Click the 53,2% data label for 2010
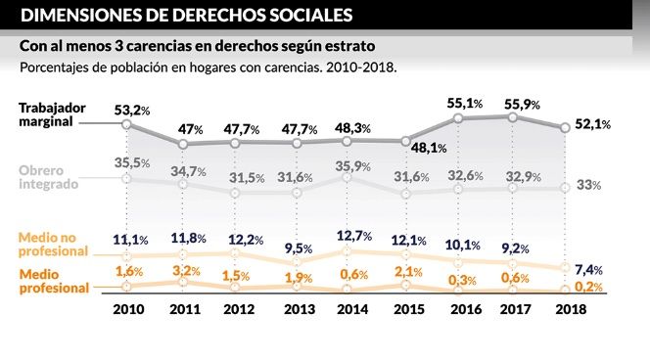click(132, 111)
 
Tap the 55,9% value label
click(522, 105)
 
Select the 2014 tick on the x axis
click(352, 309)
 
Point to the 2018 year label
click(571, 309)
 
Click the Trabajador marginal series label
click(52, 114)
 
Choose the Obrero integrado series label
click(49, 177)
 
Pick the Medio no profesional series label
click(53, 244)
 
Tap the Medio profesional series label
click(54, 281)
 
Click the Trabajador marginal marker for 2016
click(458, 118)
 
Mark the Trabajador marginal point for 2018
click(565, 128)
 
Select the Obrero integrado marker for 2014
click(348, 178)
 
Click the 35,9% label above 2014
click(352, 166)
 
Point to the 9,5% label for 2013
click(298, 248)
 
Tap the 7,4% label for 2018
click(588, 270)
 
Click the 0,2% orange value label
click(588, 287)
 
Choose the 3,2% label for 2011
click(186, 271)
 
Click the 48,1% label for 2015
click(429, 148)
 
